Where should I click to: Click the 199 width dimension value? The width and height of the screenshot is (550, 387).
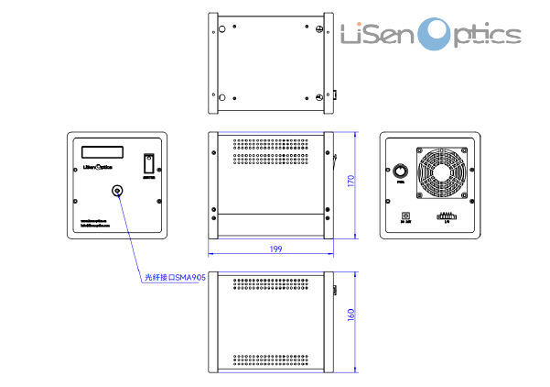point(275,249)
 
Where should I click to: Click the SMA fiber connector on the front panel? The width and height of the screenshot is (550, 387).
point(117,191)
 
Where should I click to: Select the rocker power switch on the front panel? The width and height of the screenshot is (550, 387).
point(148,164)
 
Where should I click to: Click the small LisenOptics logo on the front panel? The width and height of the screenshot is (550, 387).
point(98,168)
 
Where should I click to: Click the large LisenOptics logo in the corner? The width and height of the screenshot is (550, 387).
point(430,36)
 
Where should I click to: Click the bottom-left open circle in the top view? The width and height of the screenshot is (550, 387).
point(220,97)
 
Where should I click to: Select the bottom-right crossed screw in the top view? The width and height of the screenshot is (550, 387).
point(318,97)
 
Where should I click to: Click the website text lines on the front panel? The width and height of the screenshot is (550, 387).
point(94,223)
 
